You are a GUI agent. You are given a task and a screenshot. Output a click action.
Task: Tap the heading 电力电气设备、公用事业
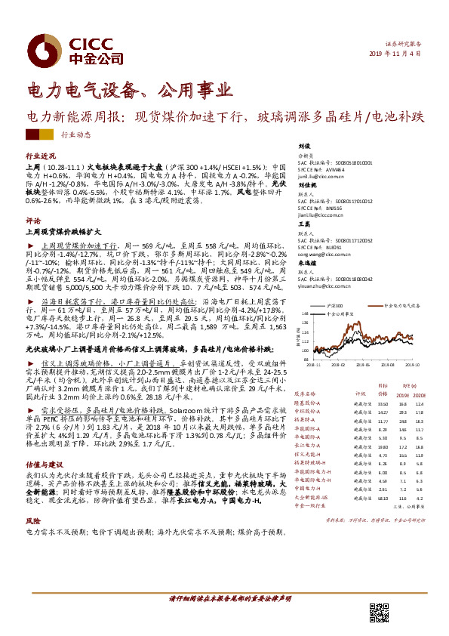coord(129,92)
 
